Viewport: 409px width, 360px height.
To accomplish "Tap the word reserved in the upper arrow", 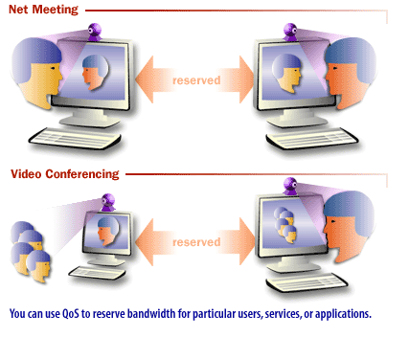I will [x=195, y=79].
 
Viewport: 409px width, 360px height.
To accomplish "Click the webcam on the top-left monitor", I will [x=96, y=31].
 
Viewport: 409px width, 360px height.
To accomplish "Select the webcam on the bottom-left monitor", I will [x=107, y=202].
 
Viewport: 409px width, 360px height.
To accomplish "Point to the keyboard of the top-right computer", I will [x=315, y=134].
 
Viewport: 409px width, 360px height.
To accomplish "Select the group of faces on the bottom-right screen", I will [x=282, y=229].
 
